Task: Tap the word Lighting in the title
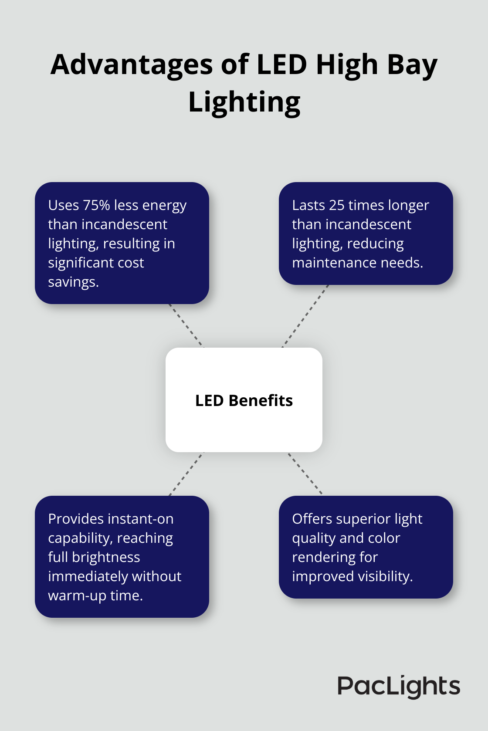[x=244, y=102]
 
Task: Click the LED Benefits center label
[x=244, y=400]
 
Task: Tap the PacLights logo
[x=399, y=686]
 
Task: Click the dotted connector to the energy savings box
[x=186, y=325]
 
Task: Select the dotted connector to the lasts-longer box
[x=305, y=316]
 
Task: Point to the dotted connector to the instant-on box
[x=186, y=474]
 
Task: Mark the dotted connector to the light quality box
[x=305, y=473]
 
